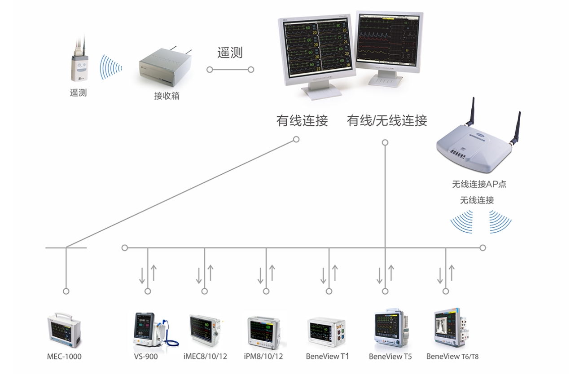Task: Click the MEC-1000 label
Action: (64, 357)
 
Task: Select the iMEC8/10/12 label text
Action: (205, 357)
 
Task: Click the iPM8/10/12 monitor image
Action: (265, 332)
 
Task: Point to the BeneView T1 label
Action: (327, 357)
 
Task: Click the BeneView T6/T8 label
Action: (452, 357)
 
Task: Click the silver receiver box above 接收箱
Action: (166, 67)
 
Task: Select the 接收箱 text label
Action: (167, 96)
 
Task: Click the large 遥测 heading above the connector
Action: (230, 53)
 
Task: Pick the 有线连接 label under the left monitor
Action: (302, 120)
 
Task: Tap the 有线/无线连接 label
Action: (387, 120)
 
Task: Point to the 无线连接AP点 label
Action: (479, 184)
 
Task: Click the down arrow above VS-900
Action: (142, 275)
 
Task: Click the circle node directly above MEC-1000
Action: (66, 291)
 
